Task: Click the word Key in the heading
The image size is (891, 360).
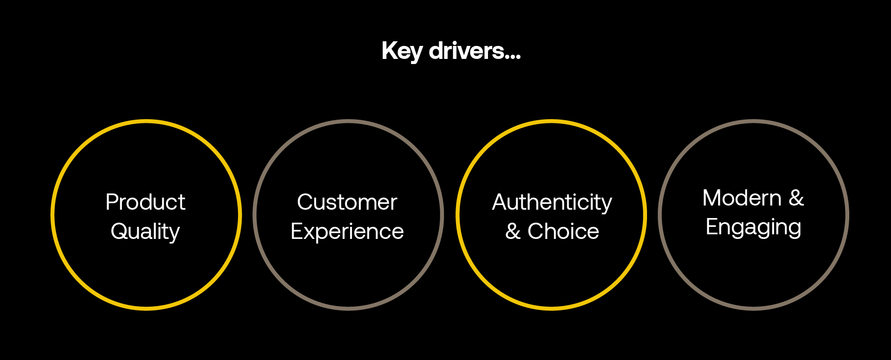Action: click(x=401, y=51)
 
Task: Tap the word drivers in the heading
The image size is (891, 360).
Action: click(x=466, y=51)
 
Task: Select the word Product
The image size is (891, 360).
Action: click(x=145, y=202)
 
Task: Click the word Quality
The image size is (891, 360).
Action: click(x=145, y=231)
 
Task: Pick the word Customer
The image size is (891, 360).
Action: click(x=347, y=202)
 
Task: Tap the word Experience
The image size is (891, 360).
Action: click(x=347, y=231)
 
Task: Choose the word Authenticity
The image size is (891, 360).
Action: click(x=552, y=202)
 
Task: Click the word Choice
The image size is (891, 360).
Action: click(x=563, y=231)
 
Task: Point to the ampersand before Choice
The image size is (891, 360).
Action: click(x=513, y=231)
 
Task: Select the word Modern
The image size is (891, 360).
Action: click(x=742, y=198)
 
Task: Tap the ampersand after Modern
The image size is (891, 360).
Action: click(x=796, y=198)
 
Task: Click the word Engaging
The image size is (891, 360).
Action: click(x=753, y=227)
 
